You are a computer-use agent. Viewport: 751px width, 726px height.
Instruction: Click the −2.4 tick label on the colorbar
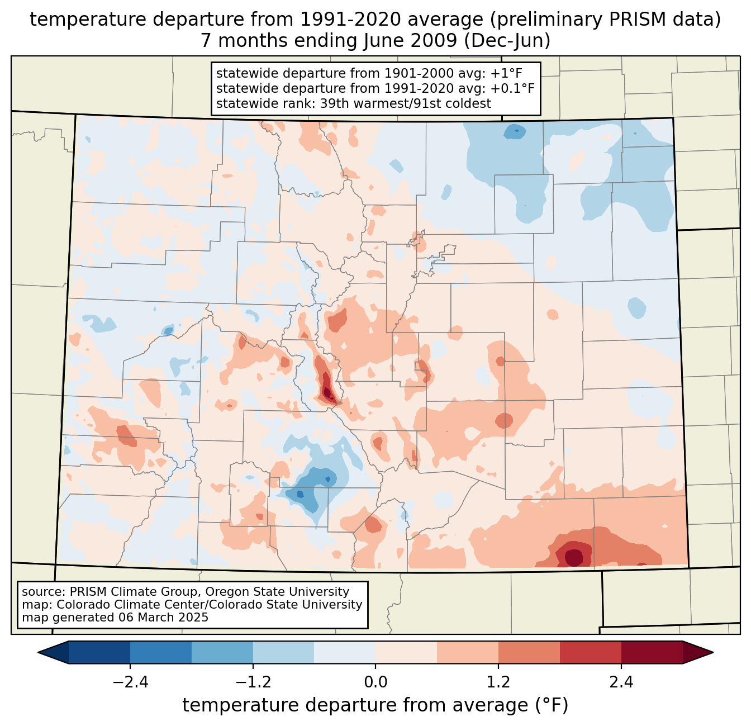130,682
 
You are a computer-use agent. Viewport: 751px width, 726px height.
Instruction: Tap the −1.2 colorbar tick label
253,682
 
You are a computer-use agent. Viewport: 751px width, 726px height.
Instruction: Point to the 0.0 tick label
375,682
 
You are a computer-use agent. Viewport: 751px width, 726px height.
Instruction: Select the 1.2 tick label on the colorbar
498,682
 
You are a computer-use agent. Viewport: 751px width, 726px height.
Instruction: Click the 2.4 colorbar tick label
621,682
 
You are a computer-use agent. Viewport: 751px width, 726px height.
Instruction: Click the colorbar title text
375,705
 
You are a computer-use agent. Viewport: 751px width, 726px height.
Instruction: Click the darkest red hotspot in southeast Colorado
574,557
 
